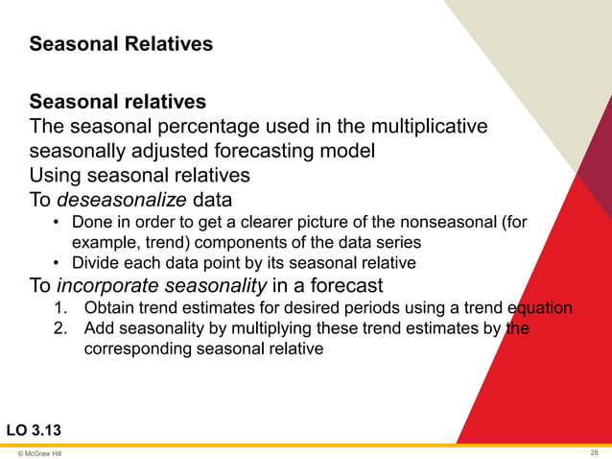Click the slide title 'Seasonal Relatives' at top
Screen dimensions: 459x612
[121, 44]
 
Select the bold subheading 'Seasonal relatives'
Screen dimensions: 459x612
[117, 101]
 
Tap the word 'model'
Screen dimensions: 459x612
[348, 151]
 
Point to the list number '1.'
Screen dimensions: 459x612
[60, 308]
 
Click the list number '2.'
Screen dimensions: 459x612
[60, 328]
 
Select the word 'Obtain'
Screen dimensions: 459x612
[108, 308]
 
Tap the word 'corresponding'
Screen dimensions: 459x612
[134, 349]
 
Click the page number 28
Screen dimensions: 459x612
[595, 451]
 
